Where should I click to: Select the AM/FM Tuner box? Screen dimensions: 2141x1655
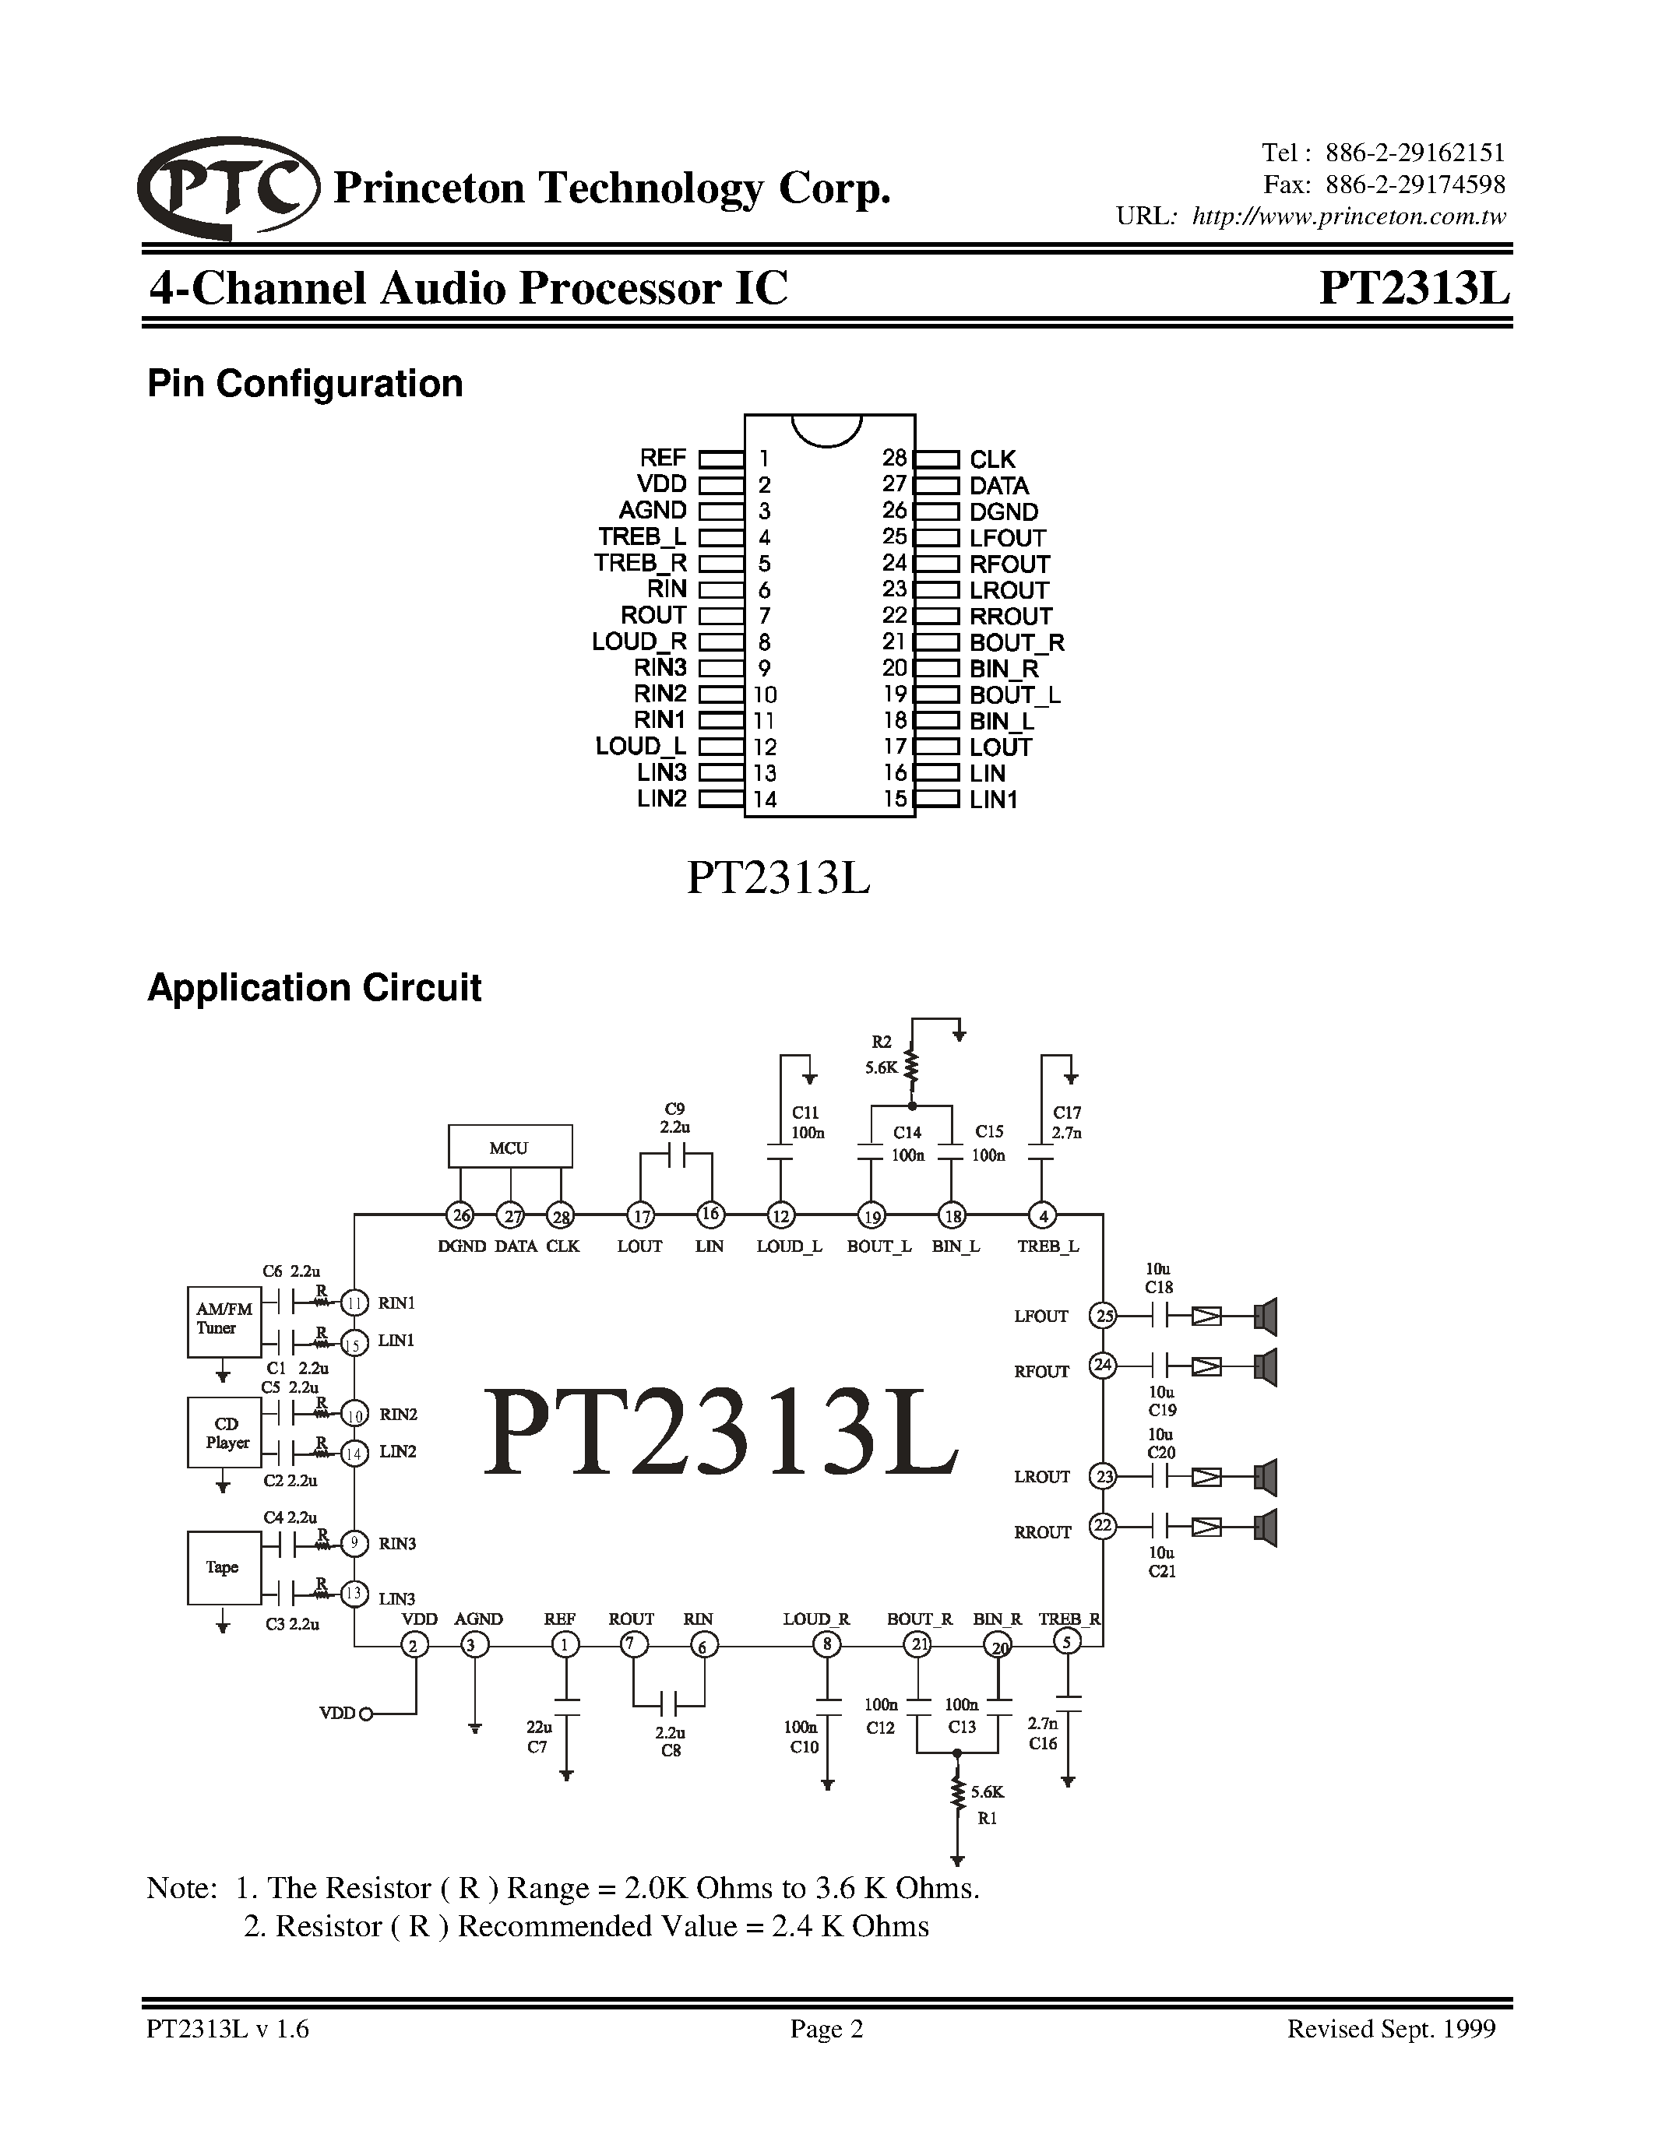click(x=224, y=1321)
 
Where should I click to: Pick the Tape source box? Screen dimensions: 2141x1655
click(x=224, y=1567)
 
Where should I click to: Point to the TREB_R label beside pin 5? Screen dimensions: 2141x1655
click(x=640, y=564)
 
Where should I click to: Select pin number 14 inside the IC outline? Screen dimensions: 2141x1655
click(x=765, y=799)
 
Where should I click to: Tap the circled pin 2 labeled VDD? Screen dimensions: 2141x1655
click(x=414, y=1646)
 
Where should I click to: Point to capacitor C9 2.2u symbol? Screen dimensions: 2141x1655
click(x=675, y=1156)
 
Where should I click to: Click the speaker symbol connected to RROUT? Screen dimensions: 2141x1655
click(x=1266, y=1528)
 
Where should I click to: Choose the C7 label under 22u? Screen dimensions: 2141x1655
click(x=537, y=1746)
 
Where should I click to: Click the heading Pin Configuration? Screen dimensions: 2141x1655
click(x=305, y=383)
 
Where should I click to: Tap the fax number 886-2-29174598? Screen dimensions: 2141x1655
click(x=1415, y=185)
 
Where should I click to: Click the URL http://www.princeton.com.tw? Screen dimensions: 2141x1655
click(x=1348, y=216)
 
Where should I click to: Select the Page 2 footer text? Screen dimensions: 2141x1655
click(x=826, y=2028)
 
